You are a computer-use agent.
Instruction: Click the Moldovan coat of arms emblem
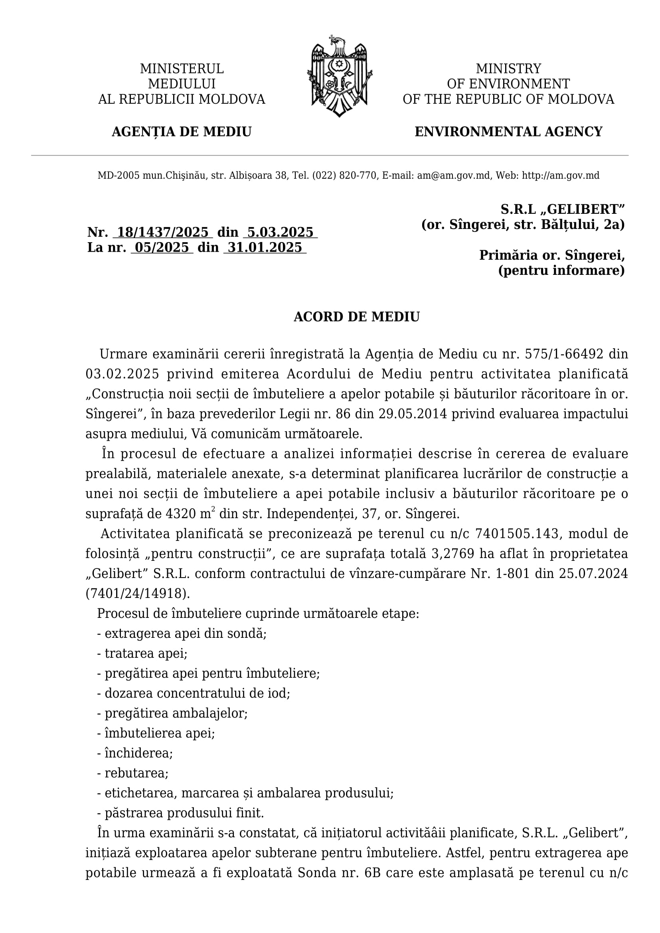(339, 77)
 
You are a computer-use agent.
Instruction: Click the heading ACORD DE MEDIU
(356, 317)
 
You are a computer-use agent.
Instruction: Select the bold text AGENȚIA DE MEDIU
(182, 132)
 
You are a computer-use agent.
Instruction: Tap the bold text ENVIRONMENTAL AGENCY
(508, 132)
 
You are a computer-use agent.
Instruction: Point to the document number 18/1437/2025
(162, 233)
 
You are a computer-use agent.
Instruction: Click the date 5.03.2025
(281, 233)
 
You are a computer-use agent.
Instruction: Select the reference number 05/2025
(162, 247)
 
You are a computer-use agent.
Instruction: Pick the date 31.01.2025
(265, 247)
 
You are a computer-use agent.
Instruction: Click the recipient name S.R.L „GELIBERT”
(563, 209)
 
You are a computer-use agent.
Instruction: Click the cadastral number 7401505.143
(518, 534)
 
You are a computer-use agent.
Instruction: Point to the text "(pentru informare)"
(561, 270)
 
